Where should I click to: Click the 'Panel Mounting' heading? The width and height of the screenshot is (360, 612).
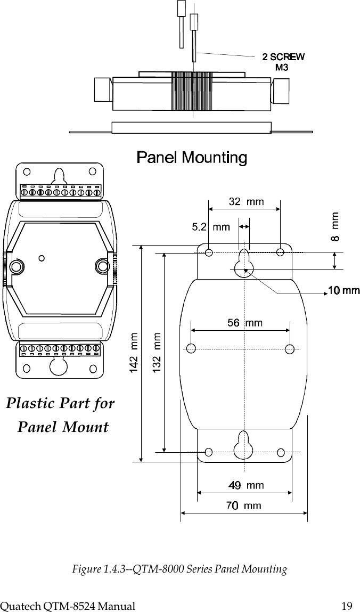(192, 158)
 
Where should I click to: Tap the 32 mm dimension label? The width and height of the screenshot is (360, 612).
(246, 201)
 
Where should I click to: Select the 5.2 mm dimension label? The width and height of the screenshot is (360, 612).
(210, 227)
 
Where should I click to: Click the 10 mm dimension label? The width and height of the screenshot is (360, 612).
(343, 290)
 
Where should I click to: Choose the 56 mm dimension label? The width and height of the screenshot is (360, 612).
(245, 322)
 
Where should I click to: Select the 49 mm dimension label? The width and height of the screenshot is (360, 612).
(246, 485)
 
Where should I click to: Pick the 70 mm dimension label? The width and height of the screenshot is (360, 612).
(244, 505)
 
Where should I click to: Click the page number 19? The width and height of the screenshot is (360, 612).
(347, 605)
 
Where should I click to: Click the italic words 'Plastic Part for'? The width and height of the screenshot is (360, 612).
(60, 403)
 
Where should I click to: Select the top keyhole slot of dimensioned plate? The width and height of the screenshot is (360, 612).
(244, 259)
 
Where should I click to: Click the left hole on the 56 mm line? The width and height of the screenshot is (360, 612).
(191, 349)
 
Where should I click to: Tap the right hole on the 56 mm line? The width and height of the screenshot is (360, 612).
(290, 349)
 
